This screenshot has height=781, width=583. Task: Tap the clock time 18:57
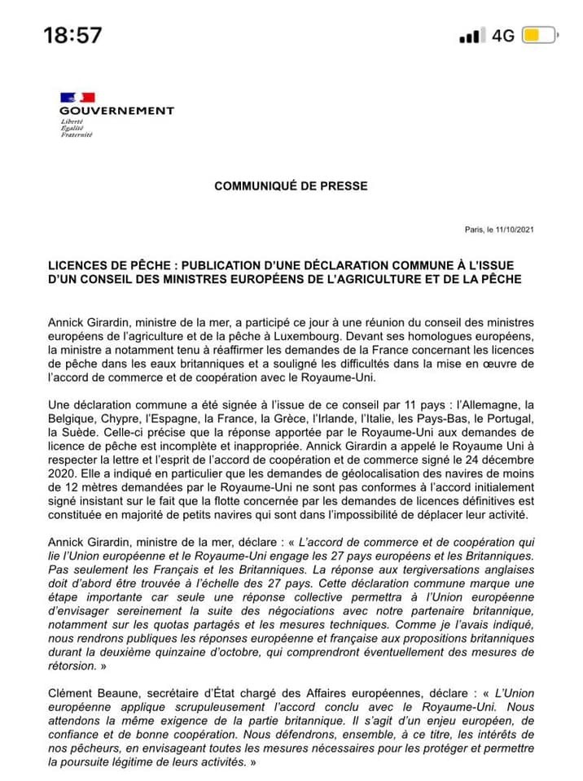click(x=72, y=35)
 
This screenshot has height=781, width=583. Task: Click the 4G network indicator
click(x=503, y=36)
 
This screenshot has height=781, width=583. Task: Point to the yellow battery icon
click(x=538, y=36)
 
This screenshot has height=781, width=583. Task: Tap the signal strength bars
click(x=471, y=37)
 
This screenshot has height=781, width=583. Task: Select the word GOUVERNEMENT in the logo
click(x=116, y=111)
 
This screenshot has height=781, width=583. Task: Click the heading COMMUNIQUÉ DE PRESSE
click(x=291, y=186)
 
